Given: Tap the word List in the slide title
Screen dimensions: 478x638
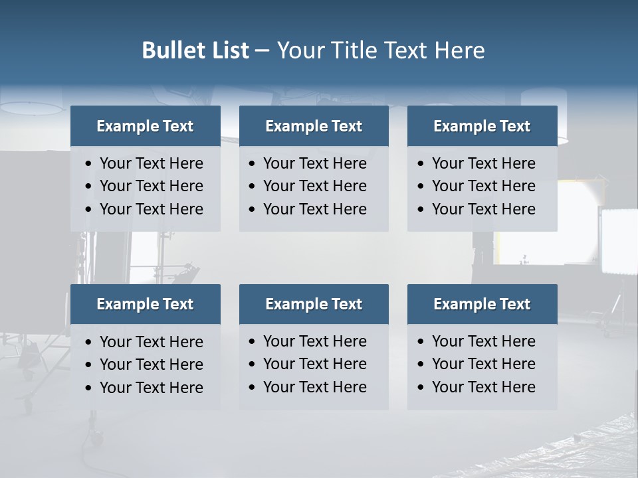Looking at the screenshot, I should tap(227, 50).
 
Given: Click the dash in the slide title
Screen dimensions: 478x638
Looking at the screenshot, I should tap(262, 51).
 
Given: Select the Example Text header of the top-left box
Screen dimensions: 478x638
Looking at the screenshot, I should tap(145, 126).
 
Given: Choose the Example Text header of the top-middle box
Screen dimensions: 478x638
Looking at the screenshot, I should tap(314, 126).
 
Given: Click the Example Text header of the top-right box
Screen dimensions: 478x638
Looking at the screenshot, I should tap(482, 126).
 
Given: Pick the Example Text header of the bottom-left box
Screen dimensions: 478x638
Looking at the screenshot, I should tap(145, 304).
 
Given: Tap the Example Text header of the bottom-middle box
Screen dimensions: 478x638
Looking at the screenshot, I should tap(314, 304).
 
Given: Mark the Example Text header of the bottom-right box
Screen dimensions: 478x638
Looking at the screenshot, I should tap(482, 304).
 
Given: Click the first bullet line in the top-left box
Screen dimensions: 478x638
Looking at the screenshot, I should tap(151, 163).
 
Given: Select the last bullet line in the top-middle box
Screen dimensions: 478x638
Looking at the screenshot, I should tap(314, 209).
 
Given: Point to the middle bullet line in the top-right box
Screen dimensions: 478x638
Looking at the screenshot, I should tap(483, 186).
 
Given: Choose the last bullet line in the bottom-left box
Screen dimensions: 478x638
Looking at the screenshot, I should tap(151, 388).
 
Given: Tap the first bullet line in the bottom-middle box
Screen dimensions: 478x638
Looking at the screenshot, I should tap(314, 341).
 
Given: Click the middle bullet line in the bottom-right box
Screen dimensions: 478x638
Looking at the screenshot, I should tap(483, 364).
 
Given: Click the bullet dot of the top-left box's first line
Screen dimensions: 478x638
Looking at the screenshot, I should tap(89, 164).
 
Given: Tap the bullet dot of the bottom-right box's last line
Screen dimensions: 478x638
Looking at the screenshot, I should tap(421, 388).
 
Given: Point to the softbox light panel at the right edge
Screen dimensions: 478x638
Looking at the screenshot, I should tap(618, 240).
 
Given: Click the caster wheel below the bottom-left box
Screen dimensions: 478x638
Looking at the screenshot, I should tap(96, 438).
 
